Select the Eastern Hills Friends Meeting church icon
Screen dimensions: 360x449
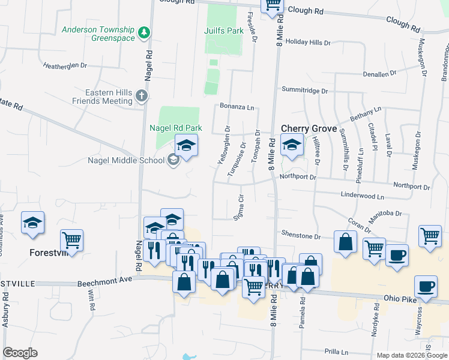(x=141, y=95)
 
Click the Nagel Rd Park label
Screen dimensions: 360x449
(x=176, y=128)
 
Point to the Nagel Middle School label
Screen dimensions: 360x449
(x=126, y=160)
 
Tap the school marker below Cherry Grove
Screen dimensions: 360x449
(x=292, y=146)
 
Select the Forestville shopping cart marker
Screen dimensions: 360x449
(x=72, y=241)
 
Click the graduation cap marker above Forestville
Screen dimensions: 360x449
(x=32, y=223)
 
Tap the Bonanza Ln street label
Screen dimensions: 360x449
(x=237, y=106)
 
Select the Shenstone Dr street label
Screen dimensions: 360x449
(x=302, y=236)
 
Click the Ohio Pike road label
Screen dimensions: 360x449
(x=400, y=298)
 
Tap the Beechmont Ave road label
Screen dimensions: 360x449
(x=104, y=280)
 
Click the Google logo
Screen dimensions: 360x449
(x=20, y=353)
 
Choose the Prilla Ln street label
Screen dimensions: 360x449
(x=336, y=352)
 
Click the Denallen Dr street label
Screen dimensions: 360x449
(x=380, y=73)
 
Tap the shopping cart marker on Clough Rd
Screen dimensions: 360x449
(x=273, y=4)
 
